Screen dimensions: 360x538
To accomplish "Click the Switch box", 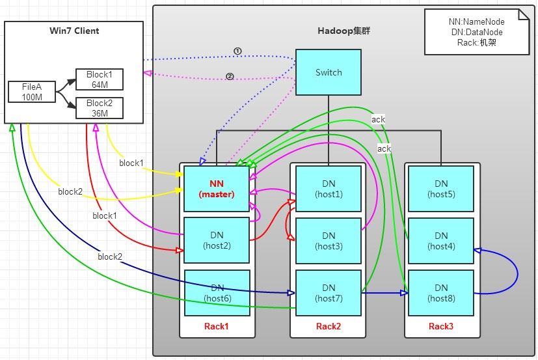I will coord(329,72).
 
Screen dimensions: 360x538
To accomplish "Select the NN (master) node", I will coord(217,188).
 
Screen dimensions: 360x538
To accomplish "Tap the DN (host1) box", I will coord(329,188).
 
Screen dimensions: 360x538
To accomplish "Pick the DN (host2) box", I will coord(217,240).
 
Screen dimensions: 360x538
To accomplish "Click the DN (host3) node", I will coord(329,240).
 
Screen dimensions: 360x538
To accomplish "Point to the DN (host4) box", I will coord(441,240).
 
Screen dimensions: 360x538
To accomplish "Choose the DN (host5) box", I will coord(441,188).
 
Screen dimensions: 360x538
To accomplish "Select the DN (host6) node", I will coord(217,292).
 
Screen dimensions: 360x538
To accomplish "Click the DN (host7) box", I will coord(329,292).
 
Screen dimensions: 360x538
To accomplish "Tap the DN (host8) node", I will coord(441,292).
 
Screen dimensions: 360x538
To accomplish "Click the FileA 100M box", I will coord(31,92).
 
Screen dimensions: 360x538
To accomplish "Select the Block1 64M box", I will coord(100,79).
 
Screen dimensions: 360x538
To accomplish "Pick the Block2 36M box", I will coord(100,107).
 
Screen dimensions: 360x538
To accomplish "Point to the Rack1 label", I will coord(217,325).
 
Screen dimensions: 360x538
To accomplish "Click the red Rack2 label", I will coord(329,325).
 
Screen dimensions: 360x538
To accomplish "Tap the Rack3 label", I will coord(441,325).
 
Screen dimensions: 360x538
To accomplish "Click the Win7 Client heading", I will coord(74,31).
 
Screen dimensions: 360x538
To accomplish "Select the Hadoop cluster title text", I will coord(344,31).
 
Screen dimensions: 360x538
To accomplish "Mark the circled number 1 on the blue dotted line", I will coord(237,51).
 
